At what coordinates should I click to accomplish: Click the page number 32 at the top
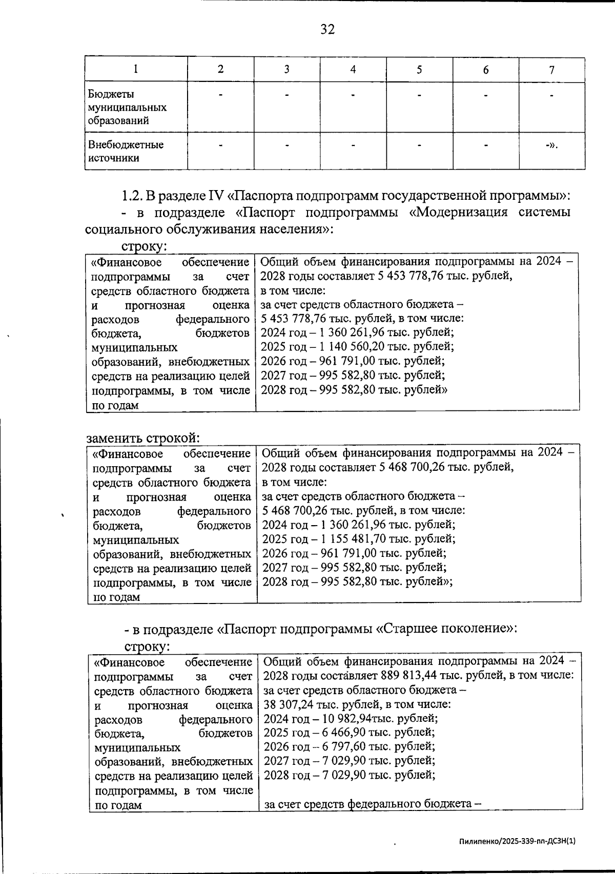pos(327,29)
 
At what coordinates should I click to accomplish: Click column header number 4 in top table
pos(353,70)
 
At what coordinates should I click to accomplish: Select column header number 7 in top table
pos(551,70)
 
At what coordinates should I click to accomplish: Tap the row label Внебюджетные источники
pos(126,151)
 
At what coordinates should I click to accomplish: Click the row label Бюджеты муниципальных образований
pos(127,108)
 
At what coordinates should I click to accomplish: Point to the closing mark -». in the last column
pos(551,145)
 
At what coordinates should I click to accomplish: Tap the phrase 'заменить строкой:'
pos(142,438)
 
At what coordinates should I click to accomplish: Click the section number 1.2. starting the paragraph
pos(132,196)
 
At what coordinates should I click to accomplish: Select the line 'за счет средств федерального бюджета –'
pos(373,804)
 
